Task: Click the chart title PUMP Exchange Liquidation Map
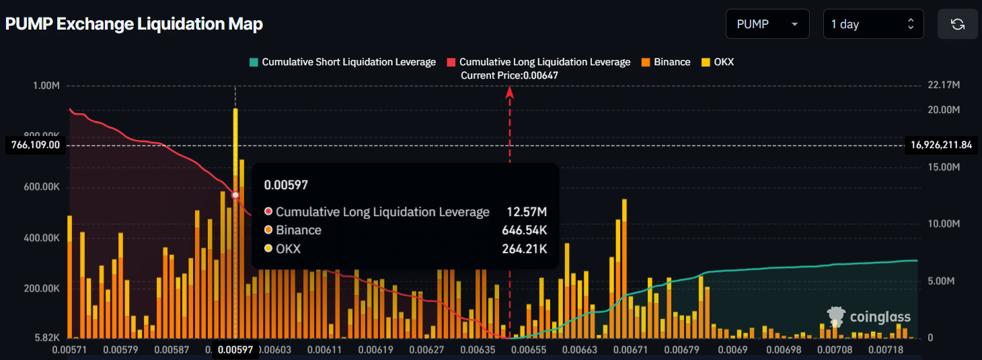pos(134,24)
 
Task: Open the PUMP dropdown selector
pos(767,24)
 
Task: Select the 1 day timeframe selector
pos(872,24)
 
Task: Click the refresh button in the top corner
pos(958,24)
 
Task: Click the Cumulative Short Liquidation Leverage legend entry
pos(342,62)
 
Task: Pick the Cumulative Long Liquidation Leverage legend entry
pos(538,62)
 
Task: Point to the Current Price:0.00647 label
pos(509,75)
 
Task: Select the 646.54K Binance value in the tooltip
pos(525,230)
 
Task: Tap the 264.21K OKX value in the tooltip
pos(525,248)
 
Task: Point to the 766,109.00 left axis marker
pos(36,145)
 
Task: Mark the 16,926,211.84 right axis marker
pos(942,145)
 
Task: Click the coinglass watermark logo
pos(869,317)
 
